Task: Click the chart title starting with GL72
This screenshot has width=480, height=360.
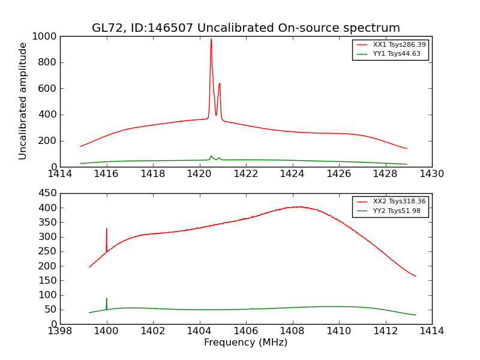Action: pos(245,28)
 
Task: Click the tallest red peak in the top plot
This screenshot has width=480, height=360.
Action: pos(211,41)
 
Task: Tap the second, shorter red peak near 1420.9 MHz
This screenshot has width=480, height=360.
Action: pos(220,85)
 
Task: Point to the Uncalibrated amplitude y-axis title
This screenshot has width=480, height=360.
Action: pos(23,101)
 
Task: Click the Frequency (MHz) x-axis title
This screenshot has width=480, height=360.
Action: pos(245,343)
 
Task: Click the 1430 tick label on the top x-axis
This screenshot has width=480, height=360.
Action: pos(431,174)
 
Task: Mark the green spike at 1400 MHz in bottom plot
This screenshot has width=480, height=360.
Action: pos(107,299)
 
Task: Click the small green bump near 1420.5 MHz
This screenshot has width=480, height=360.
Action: pos(211,157)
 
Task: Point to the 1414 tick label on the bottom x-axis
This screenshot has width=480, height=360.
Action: pos(431,331)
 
